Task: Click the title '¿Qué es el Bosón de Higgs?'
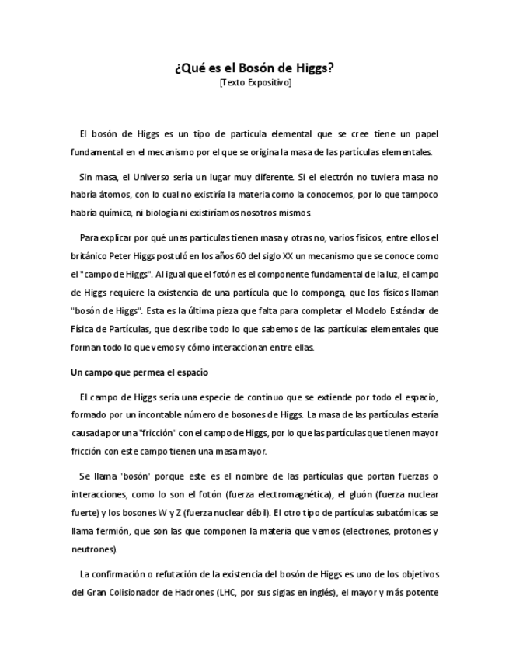pos(254,68)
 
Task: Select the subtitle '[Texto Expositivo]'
pos(254,81)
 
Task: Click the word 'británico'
pos(90,255)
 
